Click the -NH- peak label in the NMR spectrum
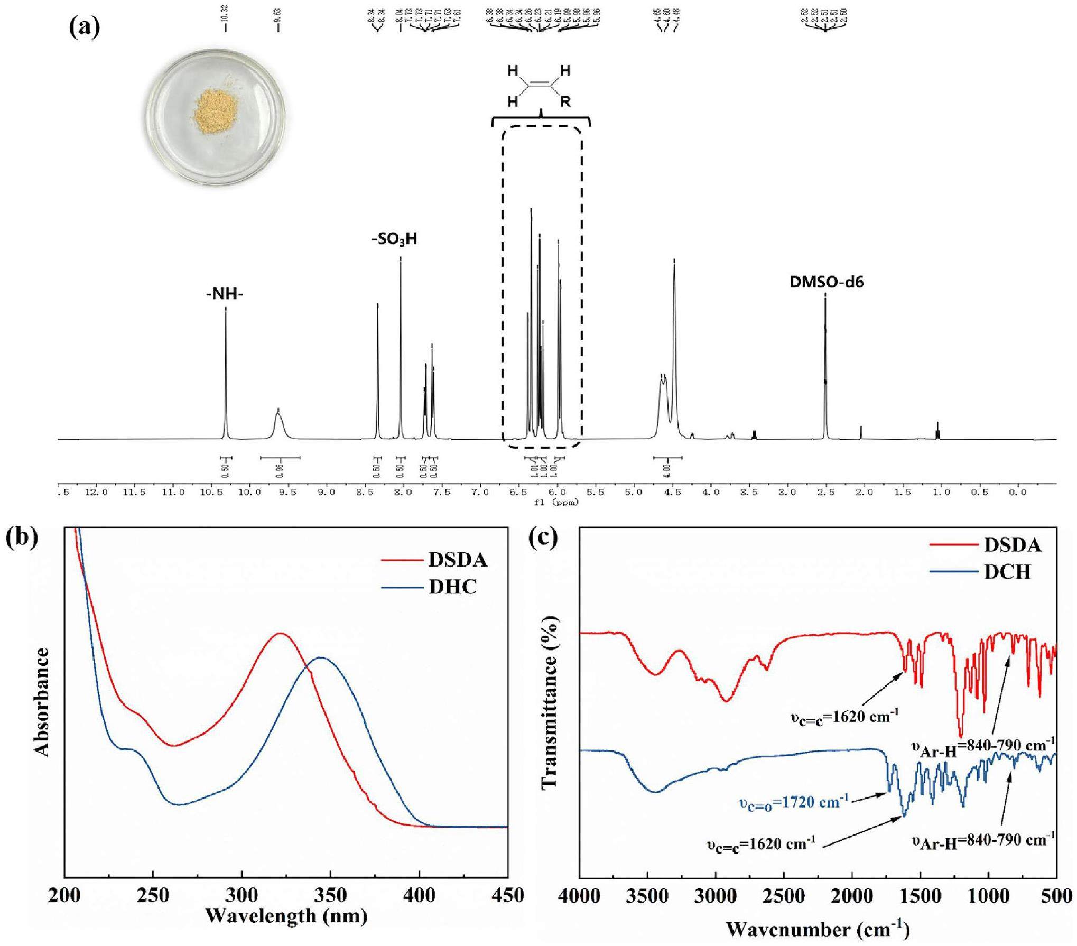[x=225, y=294]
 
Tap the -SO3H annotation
[x=394, y=239]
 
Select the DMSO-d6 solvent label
[x=827, y=282]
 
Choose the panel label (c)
[x=543, y=539]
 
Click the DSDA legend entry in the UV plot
[x=458, y=560]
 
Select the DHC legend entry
[x=452, y=587]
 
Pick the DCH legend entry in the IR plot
[x=1007, y=572]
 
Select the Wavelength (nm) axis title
[x=286, y=915]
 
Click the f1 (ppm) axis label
[x=556, y=503]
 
